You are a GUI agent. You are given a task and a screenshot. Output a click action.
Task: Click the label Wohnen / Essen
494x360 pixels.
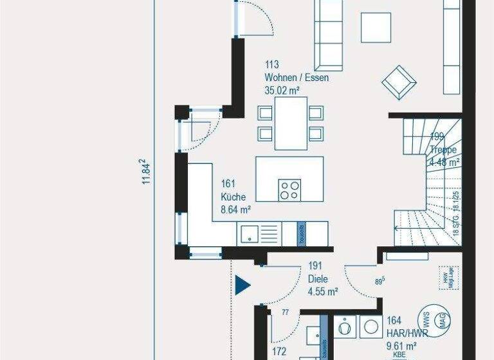[297, 78]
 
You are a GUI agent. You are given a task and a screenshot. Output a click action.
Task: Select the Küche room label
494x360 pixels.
[233, 197]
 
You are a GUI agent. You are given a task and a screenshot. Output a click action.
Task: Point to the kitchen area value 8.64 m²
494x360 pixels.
[235, 209]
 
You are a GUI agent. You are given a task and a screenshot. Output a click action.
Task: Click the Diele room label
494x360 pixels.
[318, 279]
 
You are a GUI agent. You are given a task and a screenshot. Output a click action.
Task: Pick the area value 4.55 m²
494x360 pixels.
[323, 291]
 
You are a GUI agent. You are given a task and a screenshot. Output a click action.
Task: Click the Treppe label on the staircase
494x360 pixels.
[443, 150]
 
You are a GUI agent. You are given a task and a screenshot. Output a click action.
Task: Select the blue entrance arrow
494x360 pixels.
[242, 285]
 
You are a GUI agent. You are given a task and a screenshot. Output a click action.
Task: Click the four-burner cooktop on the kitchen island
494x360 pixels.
[289, 191]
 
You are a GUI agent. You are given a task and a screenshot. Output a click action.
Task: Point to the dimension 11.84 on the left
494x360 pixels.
[147, 172]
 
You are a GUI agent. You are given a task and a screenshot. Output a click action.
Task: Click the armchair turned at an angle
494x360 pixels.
[399, 82]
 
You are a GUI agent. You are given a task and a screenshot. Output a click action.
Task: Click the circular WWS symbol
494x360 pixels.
[425, 319]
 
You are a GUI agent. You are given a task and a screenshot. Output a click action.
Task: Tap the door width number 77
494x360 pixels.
[285, 312]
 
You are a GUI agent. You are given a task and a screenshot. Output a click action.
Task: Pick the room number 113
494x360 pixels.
[271, 65]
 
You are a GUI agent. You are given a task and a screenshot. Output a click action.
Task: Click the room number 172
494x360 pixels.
[279, 352]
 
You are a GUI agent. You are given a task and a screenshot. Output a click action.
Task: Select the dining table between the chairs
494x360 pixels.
[291, 123]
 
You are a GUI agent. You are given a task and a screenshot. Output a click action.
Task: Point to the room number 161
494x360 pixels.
[228, 184]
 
